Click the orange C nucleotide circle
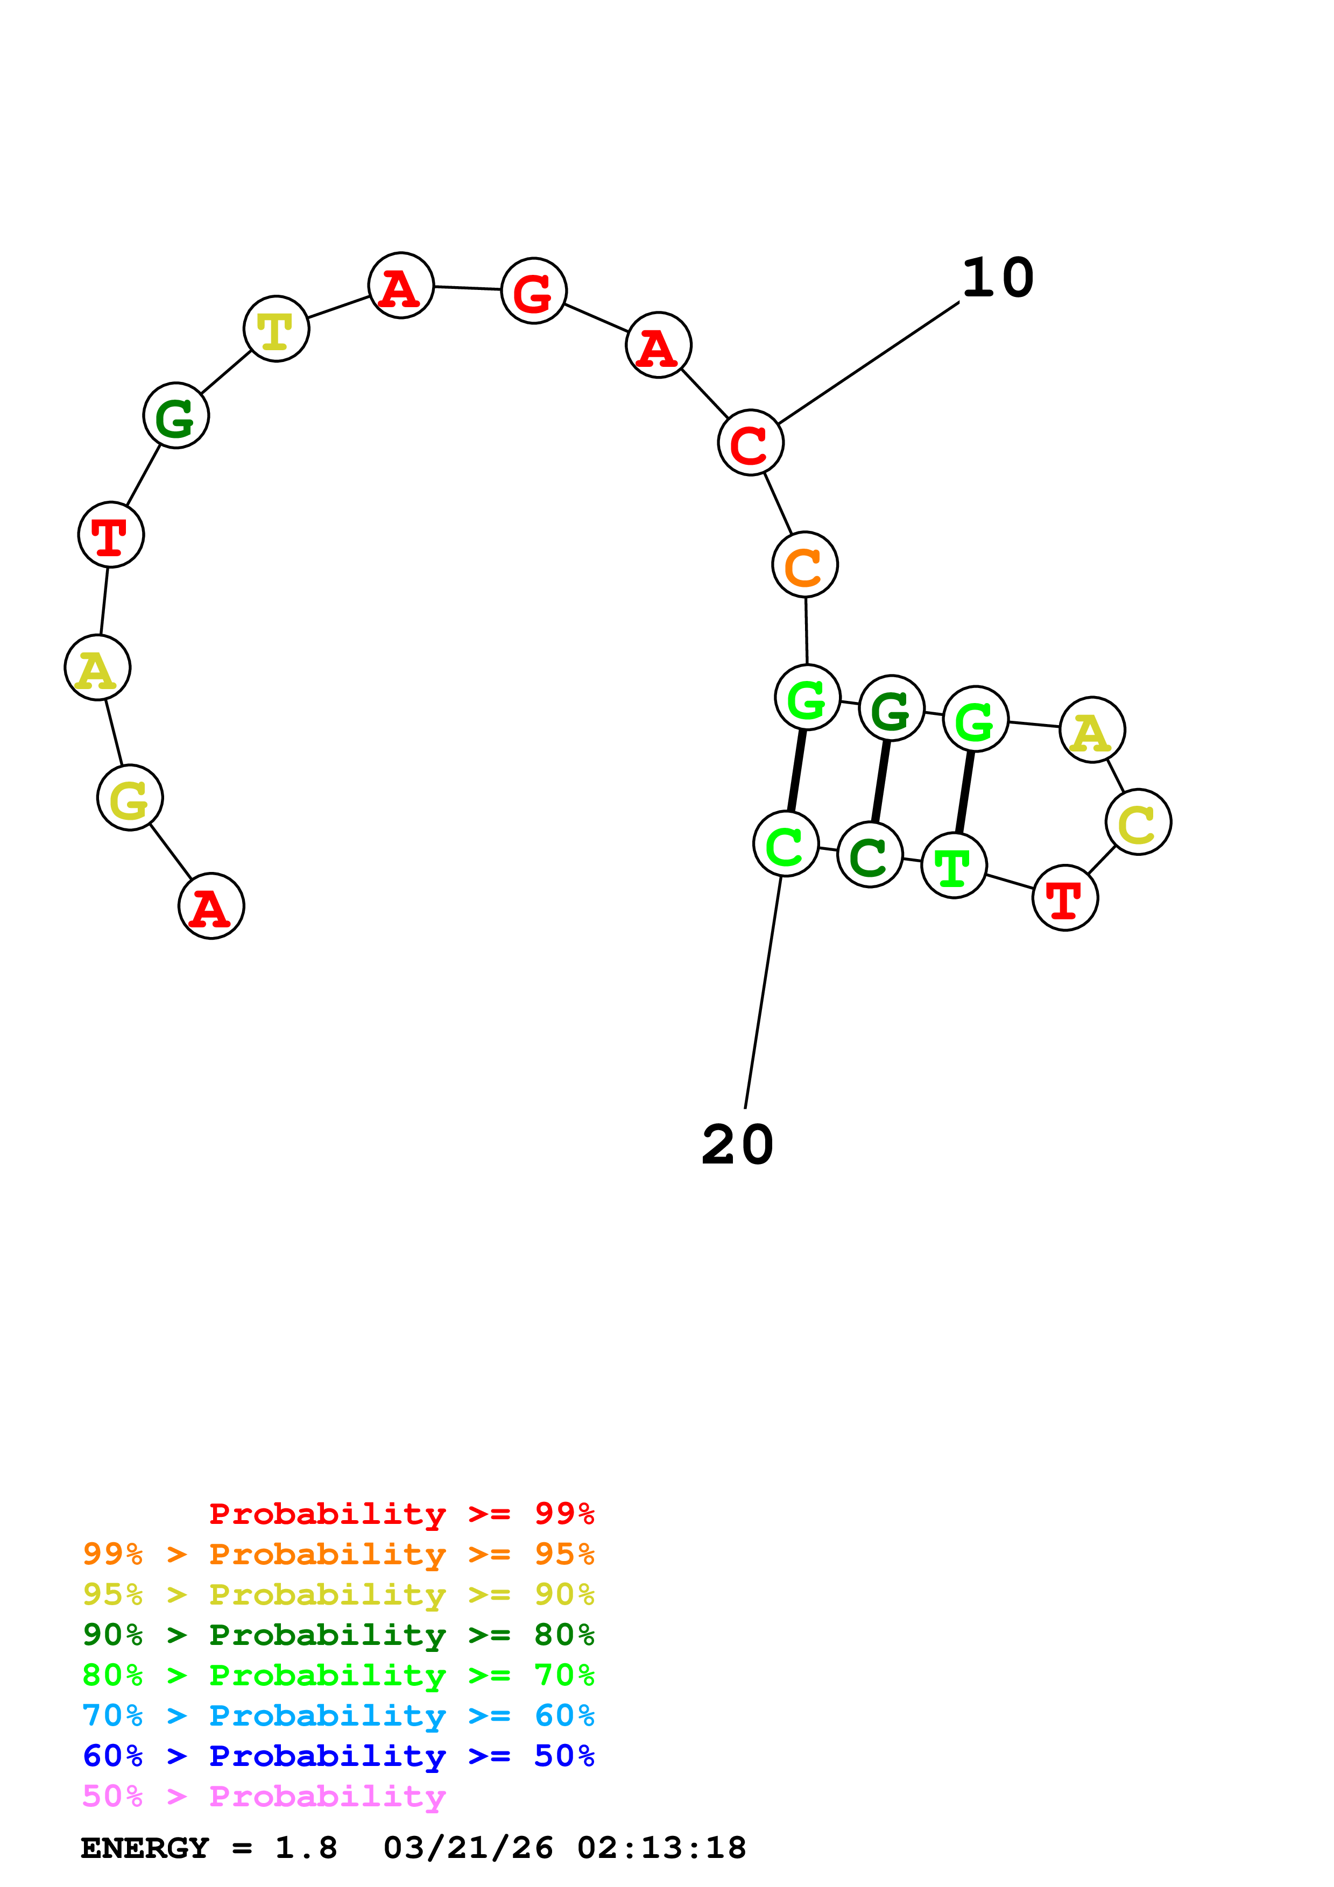(804, 565)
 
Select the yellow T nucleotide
(276, 329)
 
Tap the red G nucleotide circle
(533, 291)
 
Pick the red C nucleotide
(751, 442)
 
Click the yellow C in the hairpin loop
(1138, 822)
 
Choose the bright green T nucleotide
(954, 866)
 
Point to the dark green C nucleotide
(870, 855)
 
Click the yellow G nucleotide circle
(130, 797)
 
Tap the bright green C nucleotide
(786, 844)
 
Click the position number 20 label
(737, 1144)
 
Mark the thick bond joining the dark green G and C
(880, 782)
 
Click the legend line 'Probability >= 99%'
(401, 1514)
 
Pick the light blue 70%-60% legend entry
(338, 1716)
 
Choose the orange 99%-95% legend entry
(338, 1554)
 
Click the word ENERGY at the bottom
(145, 1848)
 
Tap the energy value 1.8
(306, 1848)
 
